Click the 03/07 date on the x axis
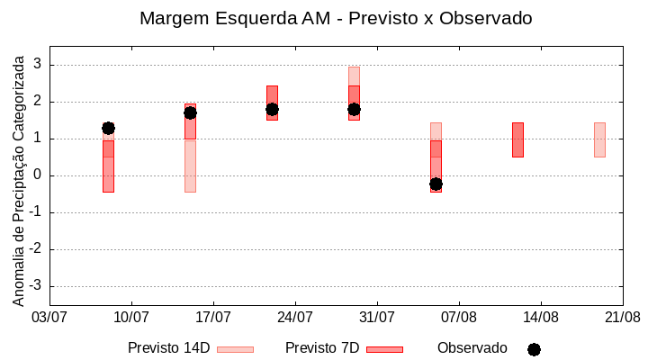click(49, 317)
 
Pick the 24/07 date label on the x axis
click(295, 317)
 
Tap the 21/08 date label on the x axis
click(622, 317)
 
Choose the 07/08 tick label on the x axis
click(459, 317)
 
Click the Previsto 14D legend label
click(168, 348)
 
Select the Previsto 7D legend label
click(322, 348)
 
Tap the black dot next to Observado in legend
click(534, 349)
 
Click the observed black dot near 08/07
click(108, 128)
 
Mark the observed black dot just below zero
click(436, 184)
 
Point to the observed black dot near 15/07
click(190, 112)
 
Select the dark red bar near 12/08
click(517, 139)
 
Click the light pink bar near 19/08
click(599, 139)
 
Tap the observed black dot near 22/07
click(272, 109)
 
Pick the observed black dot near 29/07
click(354, 109)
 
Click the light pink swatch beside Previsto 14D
click(235, 349)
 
